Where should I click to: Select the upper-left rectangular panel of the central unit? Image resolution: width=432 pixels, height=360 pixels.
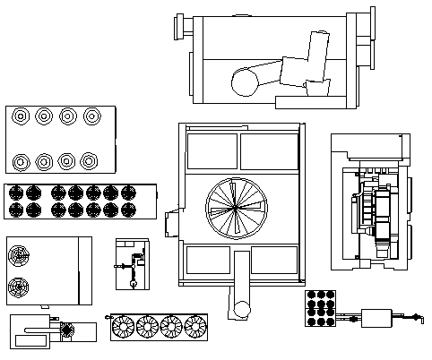[212, 151]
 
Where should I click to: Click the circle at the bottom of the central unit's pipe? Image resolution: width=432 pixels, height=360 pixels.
[240, 310]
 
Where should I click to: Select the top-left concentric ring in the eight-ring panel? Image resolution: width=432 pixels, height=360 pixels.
[20, 116]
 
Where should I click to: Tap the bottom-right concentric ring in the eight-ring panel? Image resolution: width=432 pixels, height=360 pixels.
[89, 161]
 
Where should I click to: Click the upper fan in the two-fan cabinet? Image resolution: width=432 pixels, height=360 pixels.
[19, 257]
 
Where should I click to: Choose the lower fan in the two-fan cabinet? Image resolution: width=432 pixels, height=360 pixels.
[19, 287]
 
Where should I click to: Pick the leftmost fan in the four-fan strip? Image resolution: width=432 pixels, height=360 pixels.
[122, 327]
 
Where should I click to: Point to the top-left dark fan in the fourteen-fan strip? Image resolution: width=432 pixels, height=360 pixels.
[15, 192]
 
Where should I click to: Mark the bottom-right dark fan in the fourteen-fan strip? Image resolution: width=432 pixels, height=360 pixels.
[128, 210]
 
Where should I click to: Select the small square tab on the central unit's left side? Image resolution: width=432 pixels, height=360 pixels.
[172, 222]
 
